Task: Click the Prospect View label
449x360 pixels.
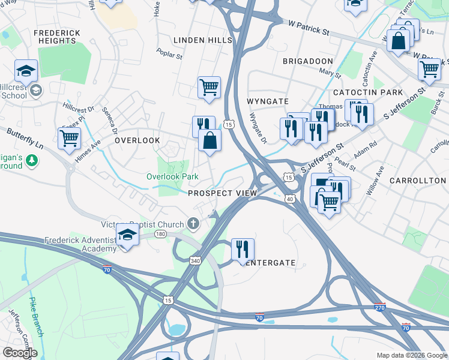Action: point(222,193)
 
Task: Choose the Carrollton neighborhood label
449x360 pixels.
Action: point(417,181)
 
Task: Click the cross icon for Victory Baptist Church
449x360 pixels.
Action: point(193,224)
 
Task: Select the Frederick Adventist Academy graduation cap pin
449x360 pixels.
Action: point(127,235)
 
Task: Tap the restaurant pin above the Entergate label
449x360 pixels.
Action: point(243,248)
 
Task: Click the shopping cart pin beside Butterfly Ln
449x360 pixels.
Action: point(70,137)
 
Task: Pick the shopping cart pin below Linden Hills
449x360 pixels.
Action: point(209,88)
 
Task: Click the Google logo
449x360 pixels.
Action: point(20,352)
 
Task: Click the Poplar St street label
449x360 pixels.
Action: point(170,55)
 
